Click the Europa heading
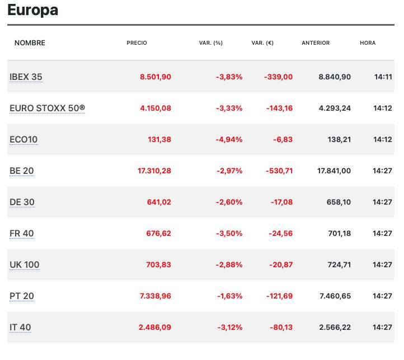[33, 10]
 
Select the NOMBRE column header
[30, 43]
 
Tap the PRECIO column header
[137, 43]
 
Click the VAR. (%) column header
[211, 43]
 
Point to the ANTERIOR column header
[316, 43]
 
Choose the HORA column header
[368, 43]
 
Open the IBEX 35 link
[26, 77]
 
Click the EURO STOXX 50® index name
[47, 108]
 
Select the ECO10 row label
[24, 139]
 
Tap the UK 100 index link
[25, 264]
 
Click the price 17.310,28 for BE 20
[154, 170]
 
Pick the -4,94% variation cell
[229, 139]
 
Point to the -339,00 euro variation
[278, 77]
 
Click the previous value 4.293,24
[335, 108]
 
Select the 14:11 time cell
[383, 77]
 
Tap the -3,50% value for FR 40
[229, 233]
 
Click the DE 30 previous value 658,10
[339, 202]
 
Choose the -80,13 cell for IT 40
[280, 327]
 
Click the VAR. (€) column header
[262, 43]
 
